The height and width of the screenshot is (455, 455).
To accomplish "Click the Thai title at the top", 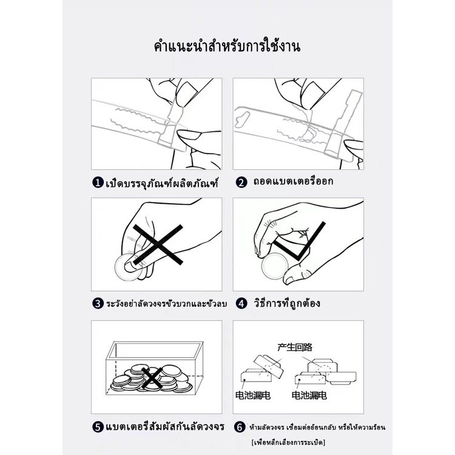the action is tap(227, 47).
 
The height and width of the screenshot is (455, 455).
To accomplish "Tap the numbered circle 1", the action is tap(98, 183).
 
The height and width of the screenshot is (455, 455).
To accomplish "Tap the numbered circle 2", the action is tap(241, 183).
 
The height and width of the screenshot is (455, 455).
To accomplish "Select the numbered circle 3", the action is tap(98, 304).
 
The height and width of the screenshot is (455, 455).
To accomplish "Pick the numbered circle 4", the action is tap(241, 304).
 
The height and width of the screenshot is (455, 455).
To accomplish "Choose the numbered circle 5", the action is tap(98, 427).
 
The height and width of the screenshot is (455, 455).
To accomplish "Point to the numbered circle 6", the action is tap(240, 427).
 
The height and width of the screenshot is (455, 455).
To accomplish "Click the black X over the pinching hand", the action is tap(158, 244).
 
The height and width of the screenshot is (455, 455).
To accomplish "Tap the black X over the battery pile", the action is tap(152, 377).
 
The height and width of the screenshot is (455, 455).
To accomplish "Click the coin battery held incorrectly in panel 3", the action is tap(127, 268).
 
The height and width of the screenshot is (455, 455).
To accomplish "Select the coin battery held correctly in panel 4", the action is tap(275, 266).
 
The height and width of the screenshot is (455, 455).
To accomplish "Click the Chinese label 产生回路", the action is tap(295, 347).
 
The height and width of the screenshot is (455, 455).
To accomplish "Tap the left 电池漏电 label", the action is tap(253, 395).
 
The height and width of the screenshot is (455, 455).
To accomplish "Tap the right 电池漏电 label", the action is tap(309, 395).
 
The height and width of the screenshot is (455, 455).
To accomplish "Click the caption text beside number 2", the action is tap(293, 181).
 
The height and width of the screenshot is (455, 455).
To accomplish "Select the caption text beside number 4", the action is tap(287, 303).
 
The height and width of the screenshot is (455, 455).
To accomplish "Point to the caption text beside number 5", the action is tap(165, 426).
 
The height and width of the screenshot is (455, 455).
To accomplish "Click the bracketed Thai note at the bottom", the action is tap(288, 442).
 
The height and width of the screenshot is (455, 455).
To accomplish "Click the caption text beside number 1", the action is tap(162, 183).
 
